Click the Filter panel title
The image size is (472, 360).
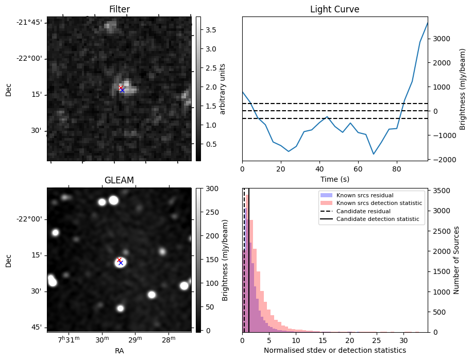point(119,9)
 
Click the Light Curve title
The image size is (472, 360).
point(334,9)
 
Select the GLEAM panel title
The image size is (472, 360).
point(119,180)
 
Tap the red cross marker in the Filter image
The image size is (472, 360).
point(121,88)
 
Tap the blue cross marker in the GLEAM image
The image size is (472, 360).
point(121,263)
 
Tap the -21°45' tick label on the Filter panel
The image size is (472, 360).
point(29,22)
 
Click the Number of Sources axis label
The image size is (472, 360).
point(456,260)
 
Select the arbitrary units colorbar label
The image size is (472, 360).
point(222,89)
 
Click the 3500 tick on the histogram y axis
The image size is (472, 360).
point(443,191)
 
